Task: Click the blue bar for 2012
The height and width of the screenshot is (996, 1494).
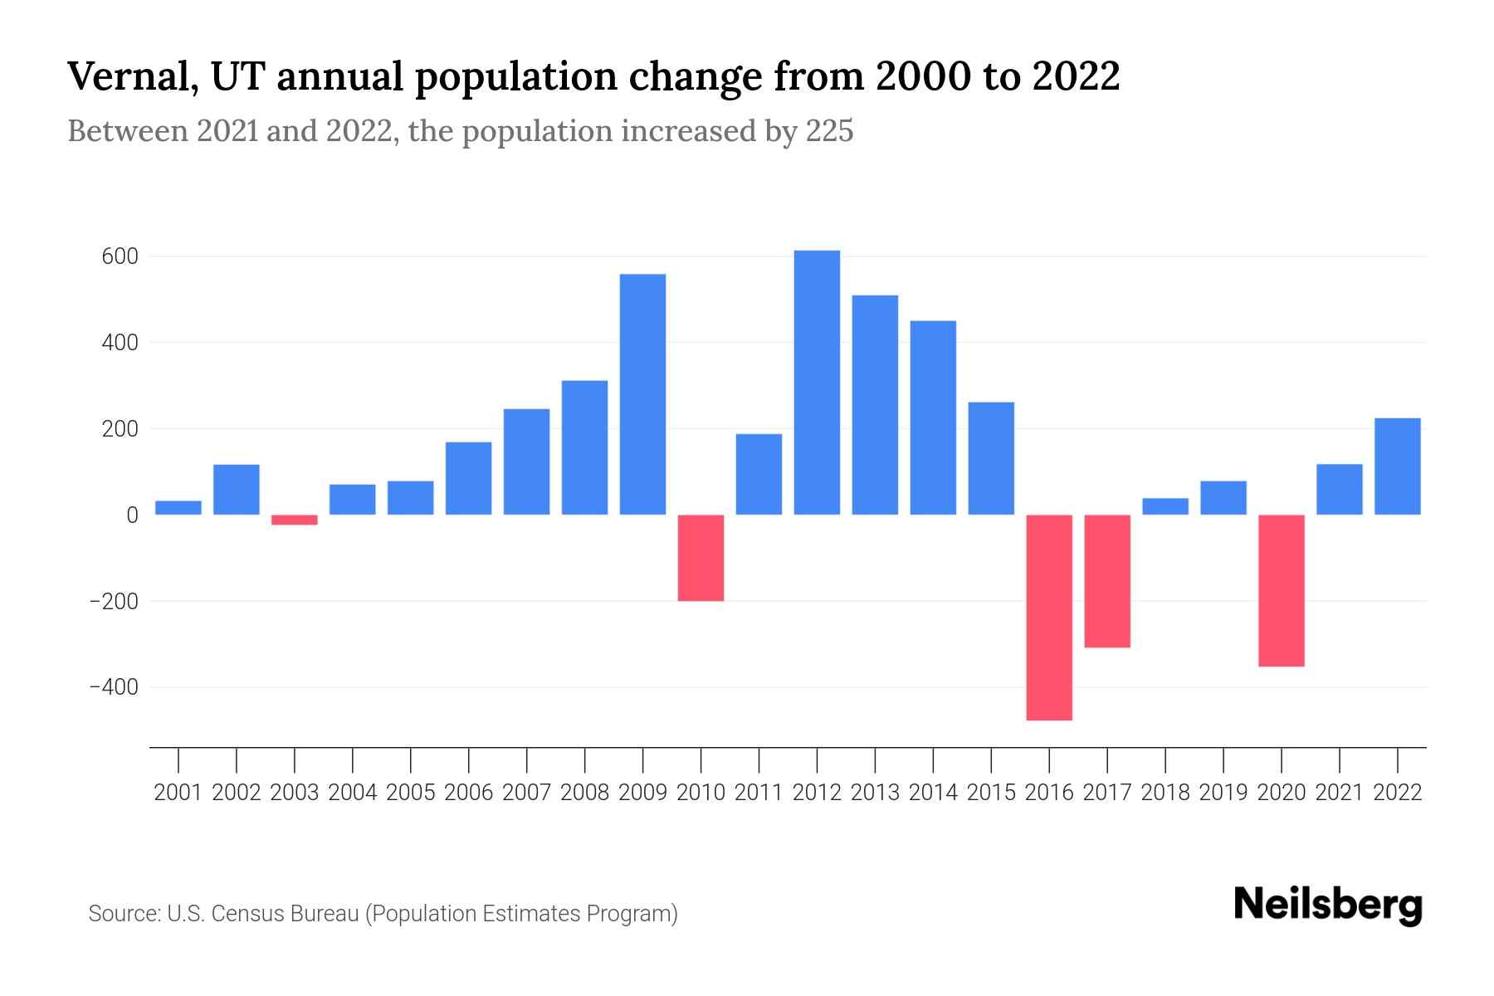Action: click(x=817, y=383)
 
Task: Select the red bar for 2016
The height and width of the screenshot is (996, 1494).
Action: click(x=1049, y=618)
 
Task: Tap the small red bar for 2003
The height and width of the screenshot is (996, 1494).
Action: click(x=295, y=520)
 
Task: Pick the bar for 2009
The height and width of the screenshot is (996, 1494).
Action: click(x=642, y=394)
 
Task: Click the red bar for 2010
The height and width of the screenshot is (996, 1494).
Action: click(x=701, y=558)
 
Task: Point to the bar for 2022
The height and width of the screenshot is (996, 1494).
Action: click(x=1398, y=466)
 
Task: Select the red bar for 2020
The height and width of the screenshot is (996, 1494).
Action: click(x=1282, y=590)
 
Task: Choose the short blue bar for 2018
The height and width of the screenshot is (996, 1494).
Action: click(x=1165, y=506)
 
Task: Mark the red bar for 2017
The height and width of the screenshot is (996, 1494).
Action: click(x=1107, y=581)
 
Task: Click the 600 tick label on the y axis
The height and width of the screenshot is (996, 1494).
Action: click(x=120, y=256)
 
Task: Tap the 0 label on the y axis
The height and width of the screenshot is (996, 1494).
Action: click(x=132, y=515)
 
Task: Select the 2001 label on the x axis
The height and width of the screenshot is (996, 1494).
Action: click(x=178, y=793)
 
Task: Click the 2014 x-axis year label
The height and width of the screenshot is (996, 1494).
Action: click(x=933, y=793)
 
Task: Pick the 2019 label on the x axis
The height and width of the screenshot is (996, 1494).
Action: click(x=1223, y=793)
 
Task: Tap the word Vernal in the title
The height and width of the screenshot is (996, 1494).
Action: click(x=131, y=77)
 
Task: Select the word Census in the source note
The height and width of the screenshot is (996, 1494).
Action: click(x=243, y=914)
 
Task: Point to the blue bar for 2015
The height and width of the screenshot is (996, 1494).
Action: click(x=991, y=458)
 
